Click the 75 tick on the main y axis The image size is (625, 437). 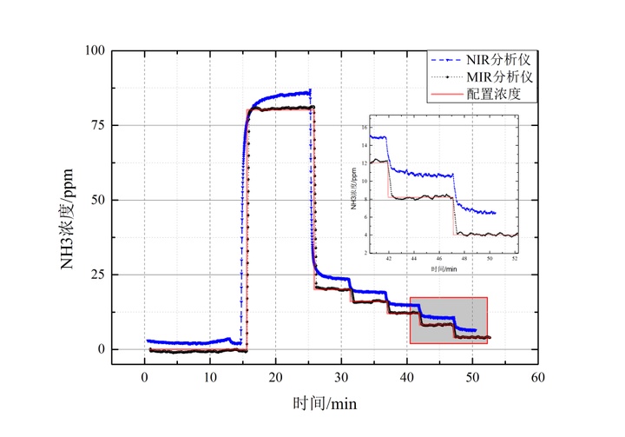tap(96, 125)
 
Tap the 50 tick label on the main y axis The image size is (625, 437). tap(96, 200)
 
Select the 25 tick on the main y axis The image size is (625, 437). tap(96, 275)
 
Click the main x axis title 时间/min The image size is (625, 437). tap(324, 404)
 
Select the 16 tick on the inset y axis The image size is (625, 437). tap(365, 128)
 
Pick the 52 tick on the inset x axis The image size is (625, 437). tap(516, 258)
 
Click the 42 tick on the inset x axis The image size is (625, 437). tap(389, 258)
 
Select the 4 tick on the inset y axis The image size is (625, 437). tap(365, 235)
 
